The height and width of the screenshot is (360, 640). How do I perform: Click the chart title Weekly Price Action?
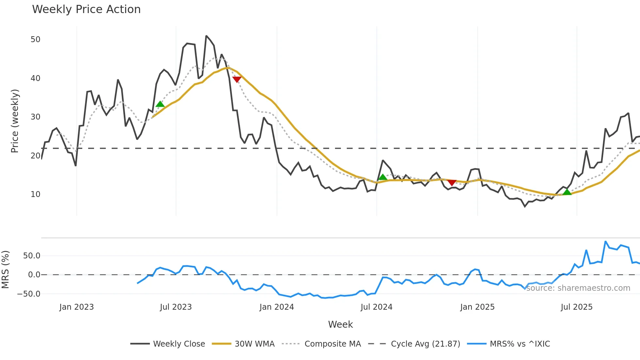(86, 9)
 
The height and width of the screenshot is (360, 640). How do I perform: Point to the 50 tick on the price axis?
(35, 40)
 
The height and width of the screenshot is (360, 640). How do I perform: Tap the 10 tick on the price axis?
(35, 194)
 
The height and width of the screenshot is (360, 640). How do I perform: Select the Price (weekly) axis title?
(15, 121)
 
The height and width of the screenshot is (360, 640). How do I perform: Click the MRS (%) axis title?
(5, 270)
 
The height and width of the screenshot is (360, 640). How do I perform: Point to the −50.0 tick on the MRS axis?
(29, 294)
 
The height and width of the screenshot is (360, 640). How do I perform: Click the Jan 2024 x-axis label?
(277, 307)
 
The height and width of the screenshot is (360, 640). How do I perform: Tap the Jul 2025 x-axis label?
(576, 307)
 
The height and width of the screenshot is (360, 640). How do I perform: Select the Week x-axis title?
(340, 324)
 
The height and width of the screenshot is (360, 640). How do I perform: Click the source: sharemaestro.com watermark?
(578, 288)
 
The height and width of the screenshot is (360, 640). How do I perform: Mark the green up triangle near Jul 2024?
(383, 177)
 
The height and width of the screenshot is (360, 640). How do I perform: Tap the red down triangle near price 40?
(237, 79)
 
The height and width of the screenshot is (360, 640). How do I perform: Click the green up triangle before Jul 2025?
(567, 192)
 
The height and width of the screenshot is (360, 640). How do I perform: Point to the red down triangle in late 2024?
(452, 183)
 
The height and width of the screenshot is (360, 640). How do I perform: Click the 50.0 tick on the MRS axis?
(32, 256)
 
